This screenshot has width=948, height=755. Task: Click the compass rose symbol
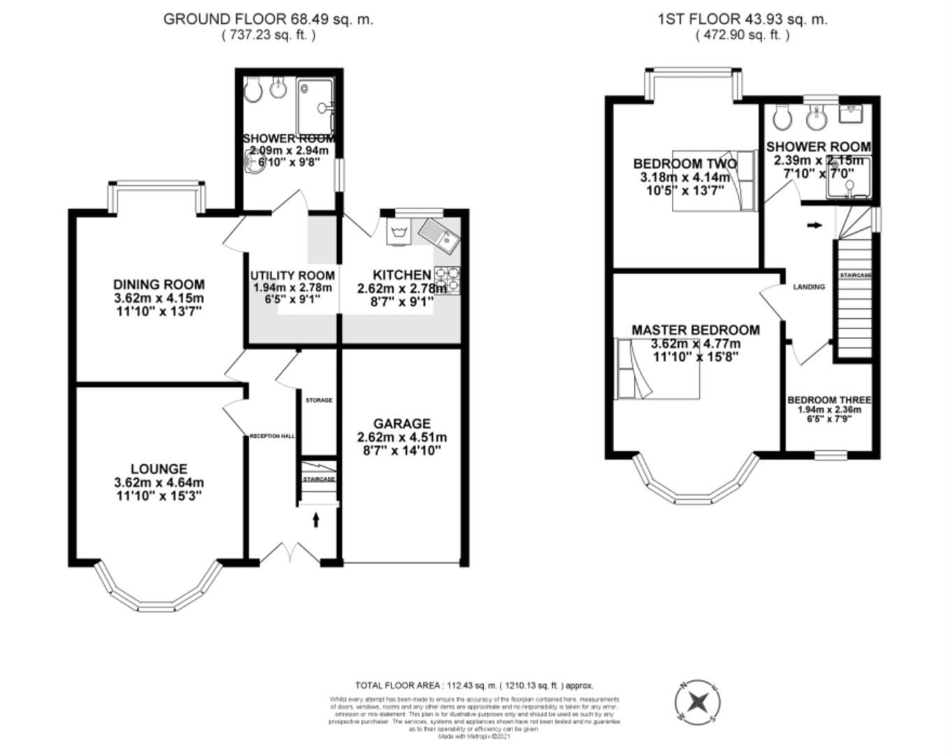coord(697,701)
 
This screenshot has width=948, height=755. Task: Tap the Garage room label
coord(401,424)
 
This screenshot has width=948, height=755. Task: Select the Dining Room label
coord(159,285)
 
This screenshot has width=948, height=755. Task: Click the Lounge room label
coord(159,469)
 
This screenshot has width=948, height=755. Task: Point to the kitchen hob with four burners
coord(447,280)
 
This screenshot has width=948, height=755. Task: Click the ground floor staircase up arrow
coord(316,519)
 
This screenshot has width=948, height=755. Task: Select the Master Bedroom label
coord(695,330)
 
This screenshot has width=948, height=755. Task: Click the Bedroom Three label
coord(829,400)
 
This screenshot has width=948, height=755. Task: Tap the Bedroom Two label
coord(684,164)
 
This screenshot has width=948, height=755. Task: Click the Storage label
coord(319,401)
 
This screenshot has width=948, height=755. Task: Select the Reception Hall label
coord(272,436)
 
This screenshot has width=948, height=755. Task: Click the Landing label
coord(809,287)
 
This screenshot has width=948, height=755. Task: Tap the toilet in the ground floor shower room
coord(253,89)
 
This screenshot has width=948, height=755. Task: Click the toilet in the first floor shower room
coord(782,117)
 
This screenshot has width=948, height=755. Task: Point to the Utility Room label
coord(292,275)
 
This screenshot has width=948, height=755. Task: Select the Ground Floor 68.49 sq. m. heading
coord(268,19)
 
